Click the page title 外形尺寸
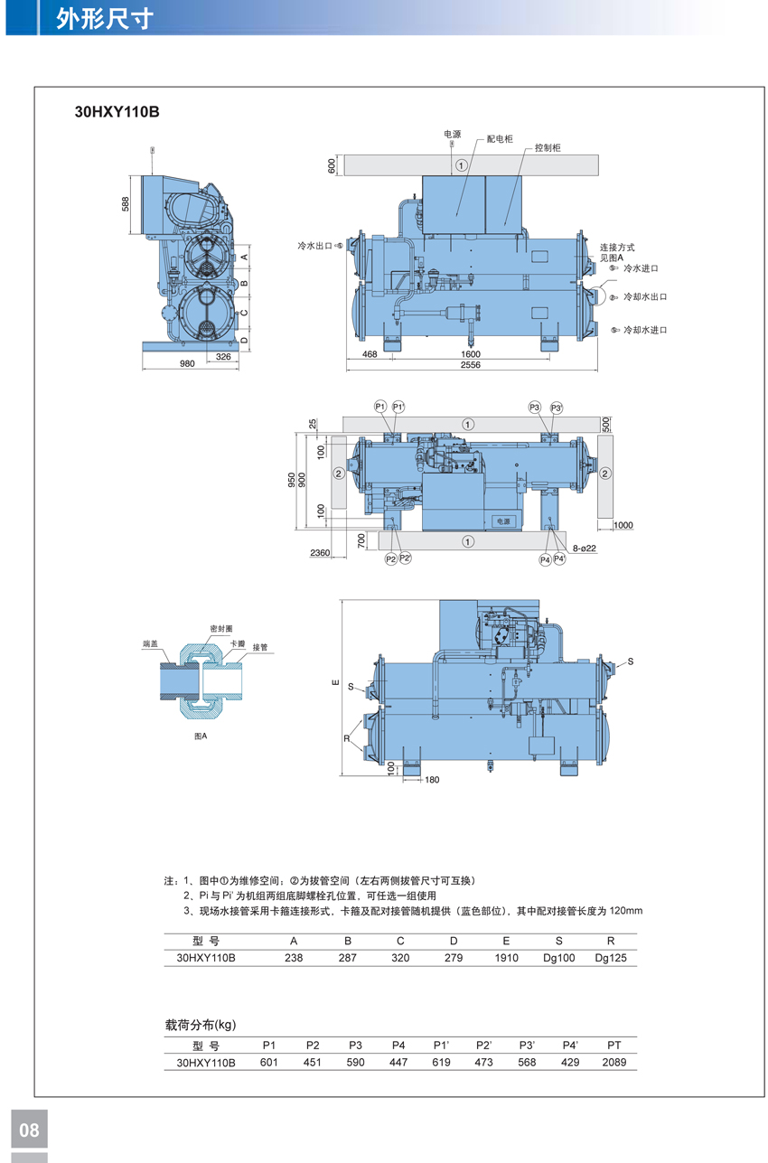(x=105, y=19)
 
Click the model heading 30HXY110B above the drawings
(x=117, y=112)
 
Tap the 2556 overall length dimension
(x=471, y=365)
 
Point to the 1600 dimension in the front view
(x=471, y=354)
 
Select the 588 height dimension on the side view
(x=126, y=204)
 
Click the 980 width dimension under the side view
(x=187, y=363)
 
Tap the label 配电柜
(x=500, y=138)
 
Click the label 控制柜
(x=548, y=148)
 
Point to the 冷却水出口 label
(x=645, y=297)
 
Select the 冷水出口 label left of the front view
(x=314, y=246)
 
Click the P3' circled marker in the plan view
(x=557, y=408)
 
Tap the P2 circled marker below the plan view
(x=391, y=558)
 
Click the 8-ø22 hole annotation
(x=585, y=549)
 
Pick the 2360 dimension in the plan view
(x=320, y=553)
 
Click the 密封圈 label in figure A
(x=221, y=629)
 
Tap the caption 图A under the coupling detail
(x=201, y=736)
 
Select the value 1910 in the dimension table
(x=506, y=957)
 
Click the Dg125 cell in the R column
(x=611, y=957)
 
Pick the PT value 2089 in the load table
(x=614, y=1063)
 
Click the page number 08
(x=29, y=1130)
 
